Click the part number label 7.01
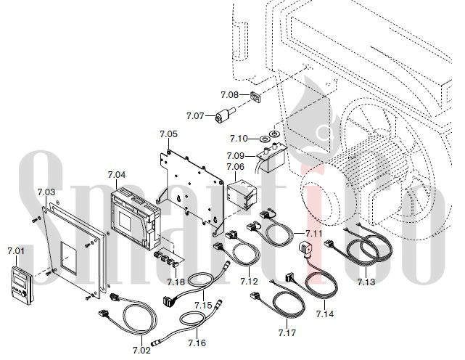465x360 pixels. click(16, 251)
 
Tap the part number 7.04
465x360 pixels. click(116, 175)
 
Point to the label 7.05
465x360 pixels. click(168, 134)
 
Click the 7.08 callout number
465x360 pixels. click(229, 95)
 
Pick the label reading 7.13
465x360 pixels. click(366, 282)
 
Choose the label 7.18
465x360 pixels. click(176, 282)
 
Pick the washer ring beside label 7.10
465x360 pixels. click(273, 136)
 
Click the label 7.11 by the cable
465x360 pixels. click(314, 233)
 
